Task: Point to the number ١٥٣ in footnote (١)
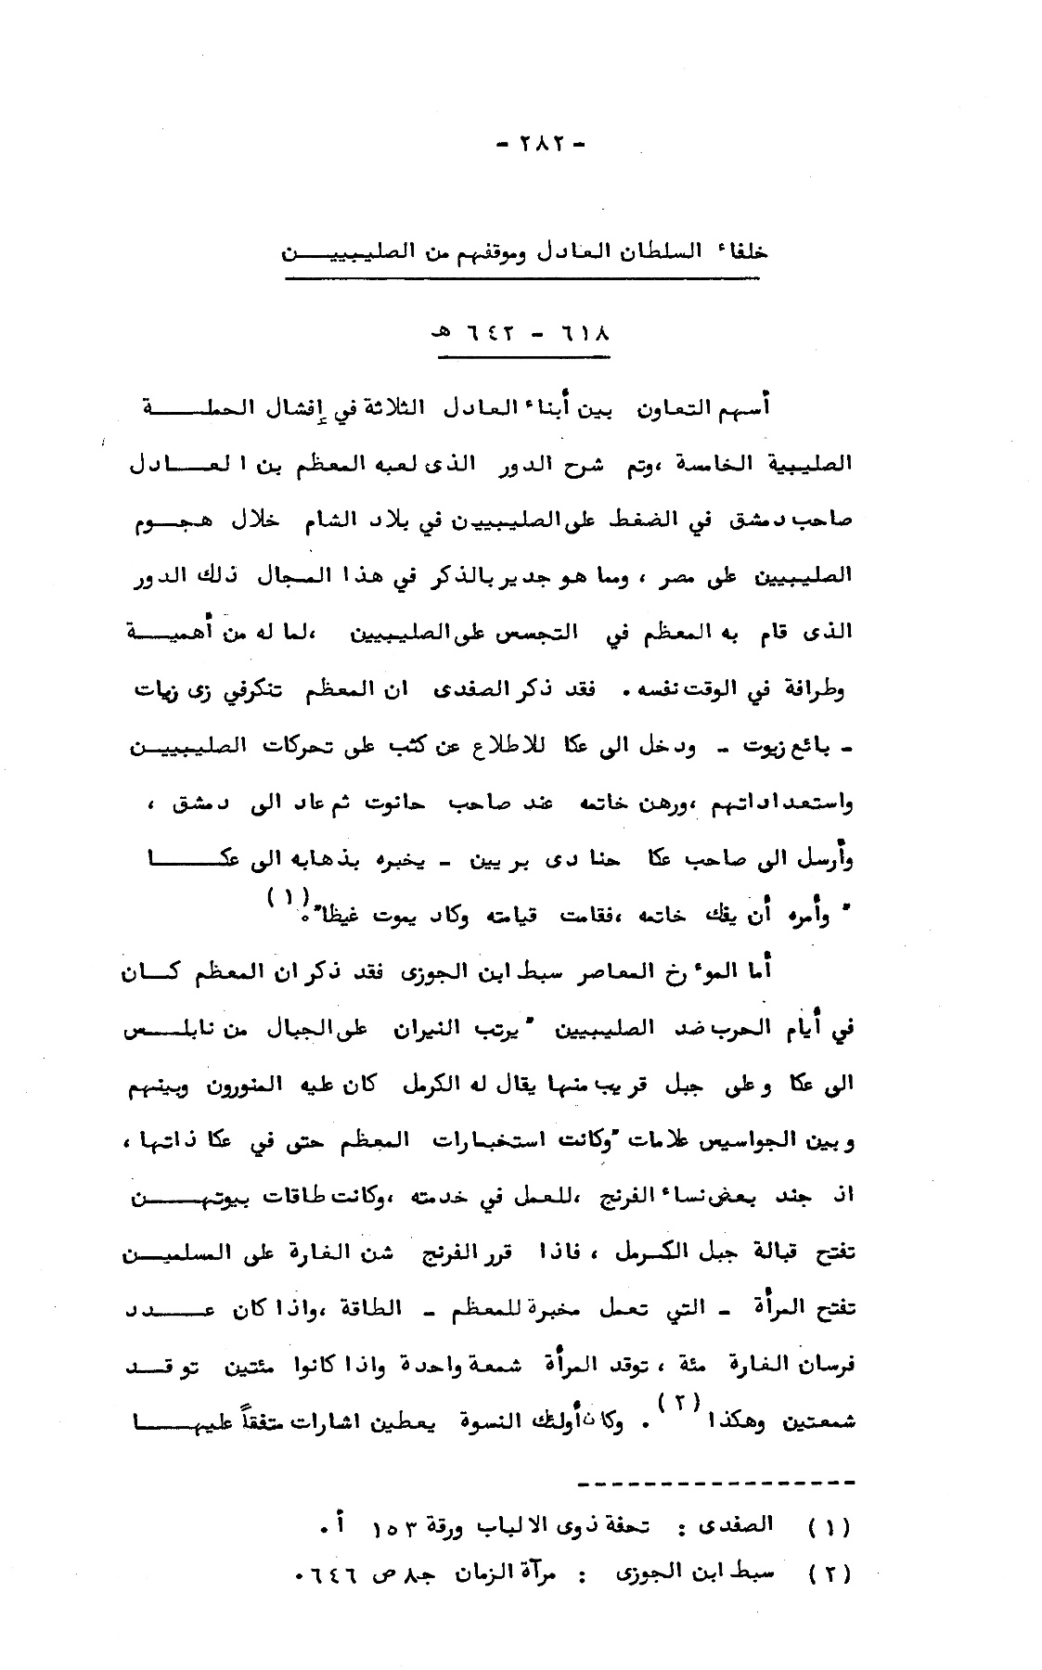[400, 1525]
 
